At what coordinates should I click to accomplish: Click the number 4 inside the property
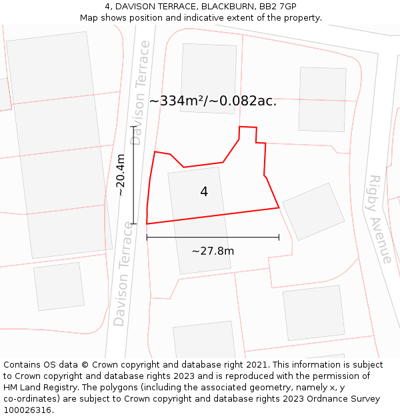pos(204,192)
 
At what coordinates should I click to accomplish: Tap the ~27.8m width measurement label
pos(213,251)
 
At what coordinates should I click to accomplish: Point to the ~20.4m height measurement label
pos(121,175)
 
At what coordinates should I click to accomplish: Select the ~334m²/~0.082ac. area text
pos(213,101)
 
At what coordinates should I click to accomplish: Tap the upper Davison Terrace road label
pos(140,93)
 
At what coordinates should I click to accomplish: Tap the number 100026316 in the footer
pos(27,410)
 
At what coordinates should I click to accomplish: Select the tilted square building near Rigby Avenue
pos(313,211)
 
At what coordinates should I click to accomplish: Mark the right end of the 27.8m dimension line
pos(279,237)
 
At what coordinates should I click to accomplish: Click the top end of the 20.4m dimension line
pos(133,126)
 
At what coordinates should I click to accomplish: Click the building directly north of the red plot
pos(209,77)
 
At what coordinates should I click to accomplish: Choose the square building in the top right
pos(322,99)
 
